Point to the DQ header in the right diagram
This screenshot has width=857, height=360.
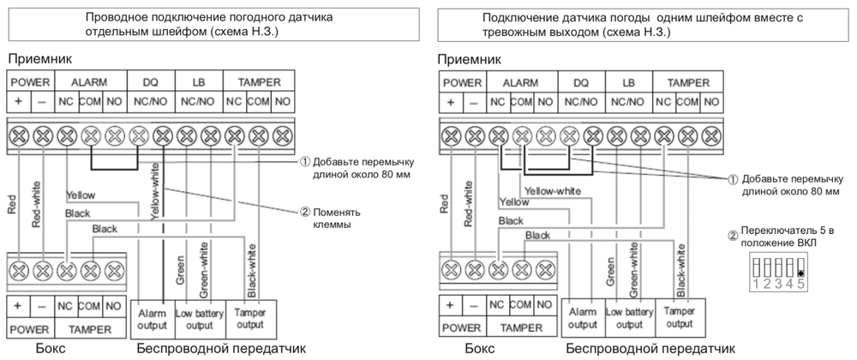[580, 83]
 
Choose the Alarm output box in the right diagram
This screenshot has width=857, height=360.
[583, 319]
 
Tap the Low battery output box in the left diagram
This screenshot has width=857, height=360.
[198, 319]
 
